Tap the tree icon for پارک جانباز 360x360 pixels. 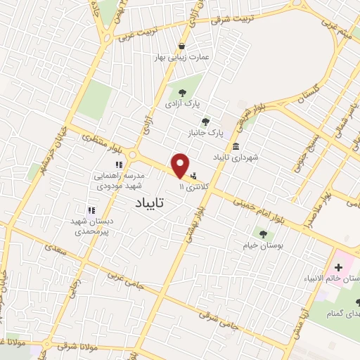pyautogui.click(x=205, y=122)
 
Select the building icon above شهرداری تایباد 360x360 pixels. pyautogui.click(x=235, y=146)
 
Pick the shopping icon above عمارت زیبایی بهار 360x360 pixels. pyautogui.click(x=182, y=46)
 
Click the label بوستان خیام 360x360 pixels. pyautogui.click(x=263, y=245)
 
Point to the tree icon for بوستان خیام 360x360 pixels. pyautogui.click(x=263, y=234)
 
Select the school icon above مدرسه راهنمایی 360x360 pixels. pyautogui.click(x=119, y=165)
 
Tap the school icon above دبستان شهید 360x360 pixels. pyautogui.click(x=91, y=210)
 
